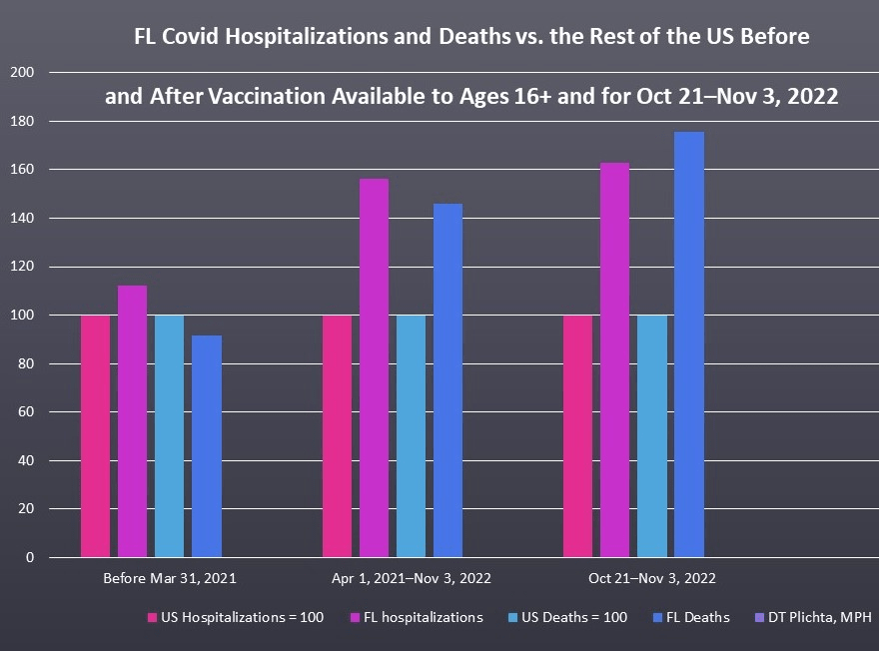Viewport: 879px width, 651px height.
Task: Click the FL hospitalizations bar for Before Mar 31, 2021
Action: coord(132,421)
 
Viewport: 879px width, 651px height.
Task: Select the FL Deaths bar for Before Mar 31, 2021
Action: coord(207,446)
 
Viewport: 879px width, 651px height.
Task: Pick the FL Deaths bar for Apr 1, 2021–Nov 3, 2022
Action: coord(447,380)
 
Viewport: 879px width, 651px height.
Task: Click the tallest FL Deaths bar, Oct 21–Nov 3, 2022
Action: coord(689,344)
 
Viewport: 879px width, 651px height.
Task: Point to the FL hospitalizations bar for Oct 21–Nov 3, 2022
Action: coord(614,359)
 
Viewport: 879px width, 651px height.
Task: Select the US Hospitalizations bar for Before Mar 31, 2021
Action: coord(95,436)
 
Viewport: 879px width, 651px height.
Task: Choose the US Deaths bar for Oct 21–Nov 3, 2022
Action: coord(651,436)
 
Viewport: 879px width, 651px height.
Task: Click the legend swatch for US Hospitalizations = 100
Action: coord(153,618)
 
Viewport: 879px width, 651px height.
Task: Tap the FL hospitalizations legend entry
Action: coord(414,617)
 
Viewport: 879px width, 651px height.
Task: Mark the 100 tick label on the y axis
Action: coord(22,316)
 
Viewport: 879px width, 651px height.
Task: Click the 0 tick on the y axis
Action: coord(30,557)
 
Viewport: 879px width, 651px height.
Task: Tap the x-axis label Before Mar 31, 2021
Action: coord(170,578)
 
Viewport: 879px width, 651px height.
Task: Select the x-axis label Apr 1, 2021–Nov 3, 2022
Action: coord(412,578)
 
